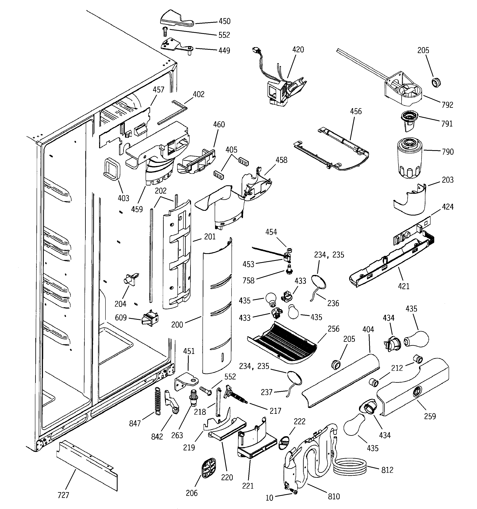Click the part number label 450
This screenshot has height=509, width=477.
(x=224, y=21)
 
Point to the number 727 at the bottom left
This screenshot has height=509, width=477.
(x=63, y=495)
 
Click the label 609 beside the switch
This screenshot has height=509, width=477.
(x=121, y=318)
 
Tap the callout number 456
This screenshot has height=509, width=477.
(x=356, y=111)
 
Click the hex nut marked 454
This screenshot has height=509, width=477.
(x=289, y=250)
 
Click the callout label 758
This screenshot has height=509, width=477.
(x=248, y=281)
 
